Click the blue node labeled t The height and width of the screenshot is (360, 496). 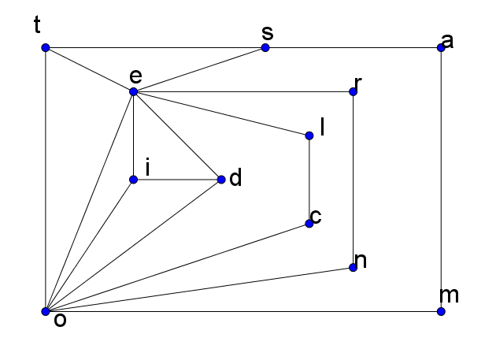pyautogui.click(x=46, y=48)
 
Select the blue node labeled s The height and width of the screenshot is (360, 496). pyautogui.click(x=265, y=48)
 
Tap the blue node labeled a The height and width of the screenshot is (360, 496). pyautogui.click(x=441, y=48)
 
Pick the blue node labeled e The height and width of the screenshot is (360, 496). pyautogui.click(x=134, y=92)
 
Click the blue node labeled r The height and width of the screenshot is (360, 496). pyautogui.click(x=353, y=92)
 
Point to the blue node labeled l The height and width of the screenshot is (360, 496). pyautogui.click(x=309, y=136)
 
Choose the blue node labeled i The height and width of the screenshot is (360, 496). pyautogui.click(x=134, y=180)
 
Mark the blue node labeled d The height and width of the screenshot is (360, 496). pyautogui.click(x=221, y=180)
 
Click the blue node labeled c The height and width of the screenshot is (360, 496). pyautogui.click(x=309, y=224)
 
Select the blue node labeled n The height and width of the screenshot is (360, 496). pyautogui.click(x=353, y=268)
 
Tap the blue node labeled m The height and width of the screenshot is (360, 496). pyautogui.click(x=441, y=312)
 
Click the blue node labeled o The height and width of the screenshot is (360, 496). pyautogui.click(x=46, y=312)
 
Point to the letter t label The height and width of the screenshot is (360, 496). pyautogui.click(x=37, y=26)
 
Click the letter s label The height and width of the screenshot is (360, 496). pyautogui.click(x=267, y=33)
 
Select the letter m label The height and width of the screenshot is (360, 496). pyautogui.click(x=450, y=296)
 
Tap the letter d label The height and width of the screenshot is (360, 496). pyautogui.click(x=235, y=179)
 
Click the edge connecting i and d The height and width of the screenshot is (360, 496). pyautogui.click(x=177, y=180)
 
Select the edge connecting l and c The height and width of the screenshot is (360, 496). pyautogui.click(x=309, y=180)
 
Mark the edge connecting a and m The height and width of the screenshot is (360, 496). pyautogui.click(x=441, y=180)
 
